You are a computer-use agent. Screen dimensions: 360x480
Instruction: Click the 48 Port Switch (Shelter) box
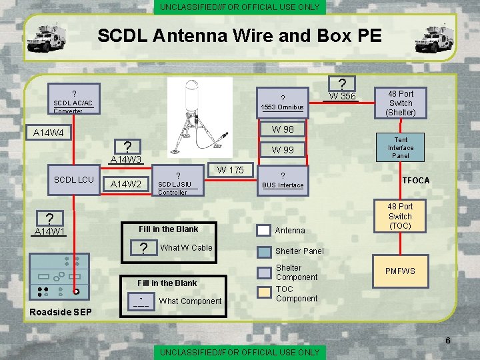(x=401, y=103)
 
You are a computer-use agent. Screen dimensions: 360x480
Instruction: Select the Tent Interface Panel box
(x=401, y=148)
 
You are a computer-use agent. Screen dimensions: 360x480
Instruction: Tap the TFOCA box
(x=415, y=181)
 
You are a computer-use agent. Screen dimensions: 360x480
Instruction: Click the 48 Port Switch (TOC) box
(x=401, y=216)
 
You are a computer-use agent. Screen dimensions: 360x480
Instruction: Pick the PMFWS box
(x=401, y=271)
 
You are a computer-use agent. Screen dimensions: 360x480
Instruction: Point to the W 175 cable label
(x=230, y=170)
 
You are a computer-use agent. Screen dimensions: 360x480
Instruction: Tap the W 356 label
(x=343, y=97)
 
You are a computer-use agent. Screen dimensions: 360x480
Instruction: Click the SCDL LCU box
(x=74, y=180)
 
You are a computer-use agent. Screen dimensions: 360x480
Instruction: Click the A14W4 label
(x=49, y=133)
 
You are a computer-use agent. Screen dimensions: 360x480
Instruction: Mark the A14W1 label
(x=49, y=232)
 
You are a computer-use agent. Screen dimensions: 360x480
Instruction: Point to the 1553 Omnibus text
(x=282, y=107)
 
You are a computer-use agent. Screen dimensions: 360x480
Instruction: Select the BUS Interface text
(x=283, y=185)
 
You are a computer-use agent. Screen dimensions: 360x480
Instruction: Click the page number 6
(x=447, y=341)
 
